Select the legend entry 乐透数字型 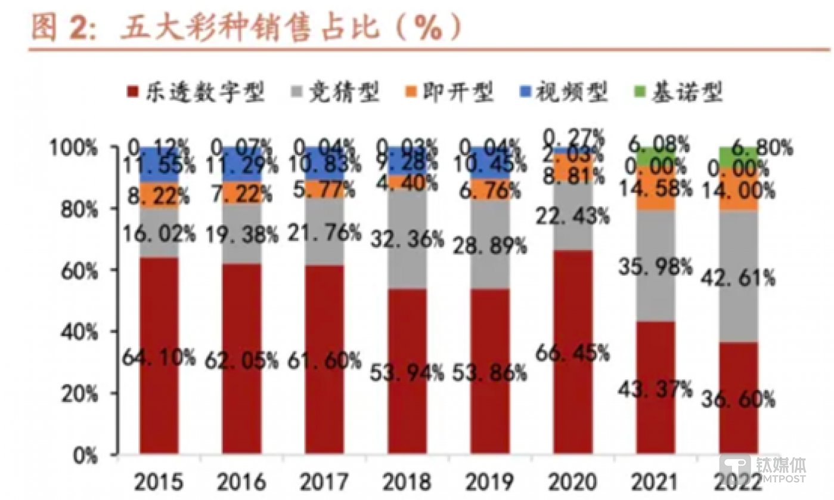(x=197, y=93)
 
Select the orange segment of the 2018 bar (x=407, y=181)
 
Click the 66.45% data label (x=573, y=353)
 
